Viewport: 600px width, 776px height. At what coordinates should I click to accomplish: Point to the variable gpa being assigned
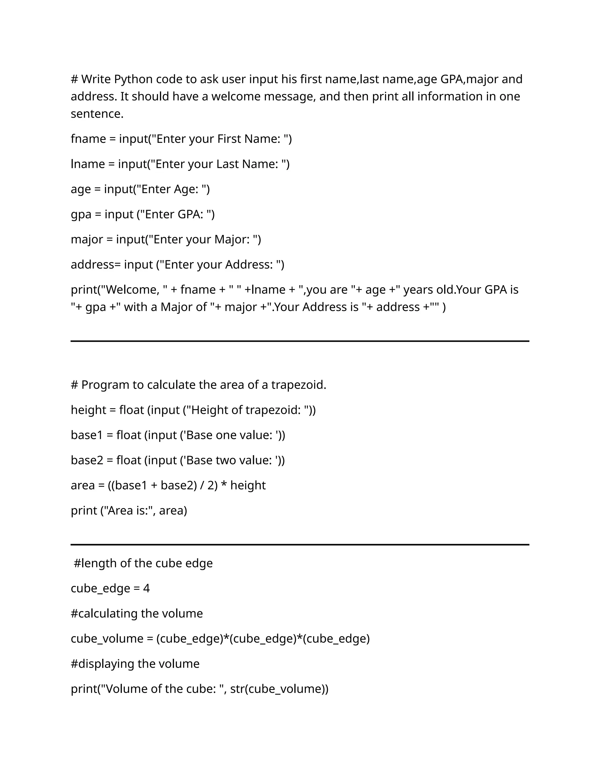tap(81, 215)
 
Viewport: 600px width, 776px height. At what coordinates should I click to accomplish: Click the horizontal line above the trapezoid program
tap(300, 341)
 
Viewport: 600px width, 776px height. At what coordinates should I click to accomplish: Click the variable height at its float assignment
tap(88, 410)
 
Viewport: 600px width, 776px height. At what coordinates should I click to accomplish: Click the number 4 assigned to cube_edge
tap(146, 588)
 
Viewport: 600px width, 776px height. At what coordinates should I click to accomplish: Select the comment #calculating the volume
tap(137, 613)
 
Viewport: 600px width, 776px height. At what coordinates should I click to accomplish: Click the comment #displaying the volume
tap(135, 664)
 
